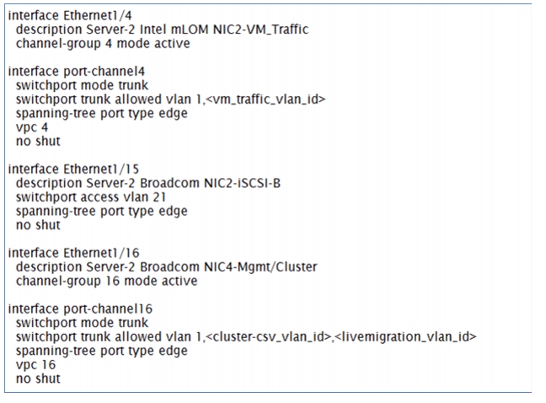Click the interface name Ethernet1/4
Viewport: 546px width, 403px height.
[98, 16]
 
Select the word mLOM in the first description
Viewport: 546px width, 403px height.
[190, 30]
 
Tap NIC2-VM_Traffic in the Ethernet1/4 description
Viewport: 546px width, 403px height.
[260, 30]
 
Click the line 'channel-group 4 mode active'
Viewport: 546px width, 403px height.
[103, 44]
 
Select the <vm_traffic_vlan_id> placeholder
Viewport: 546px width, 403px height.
[265, 99]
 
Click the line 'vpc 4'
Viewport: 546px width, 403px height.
[32, 128]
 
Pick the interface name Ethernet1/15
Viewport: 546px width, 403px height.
[101, 169]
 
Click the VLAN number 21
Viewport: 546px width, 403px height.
[159, 197]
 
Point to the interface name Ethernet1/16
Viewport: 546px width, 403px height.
[101, 253]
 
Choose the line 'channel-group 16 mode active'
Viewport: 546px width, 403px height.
[106, 281]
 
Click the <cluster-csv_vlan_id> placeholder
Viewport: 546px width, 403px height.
[269, 337]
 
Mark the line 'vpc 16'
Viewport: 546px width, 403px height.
[36, 365]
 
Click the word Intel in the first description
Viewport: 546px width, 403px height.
[153, 30]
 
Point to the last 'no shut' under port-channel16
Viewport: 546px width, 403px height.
[38, 379]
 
